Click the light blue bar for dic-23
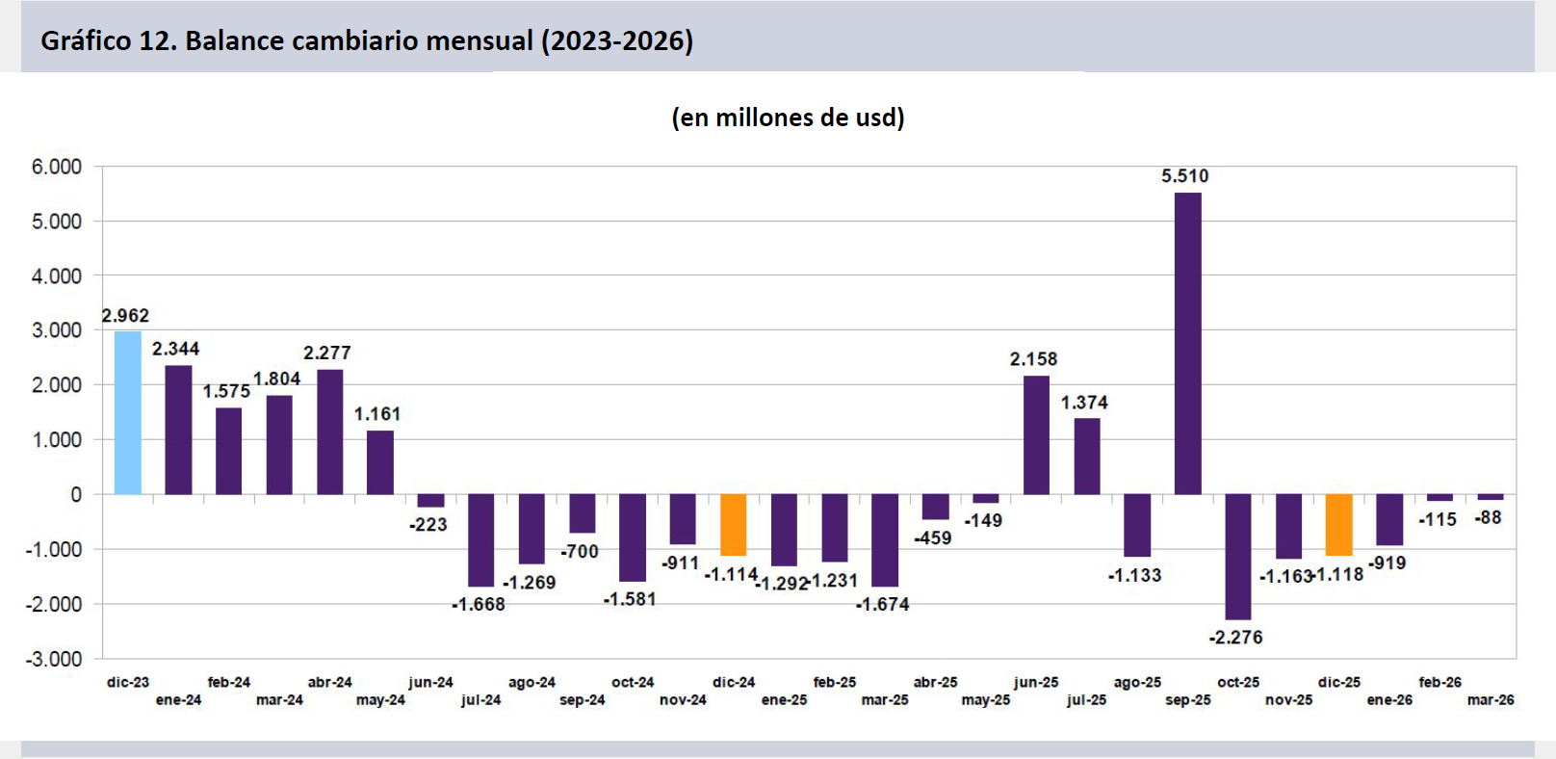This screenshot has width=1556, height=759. click(128, 413)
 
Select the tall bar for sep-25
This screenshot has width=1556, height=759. click(1188, 344)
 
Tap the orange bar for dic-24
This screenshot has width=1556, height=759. click(734, 525)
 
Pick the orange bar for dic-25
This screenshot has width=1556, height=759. click(1339, 525)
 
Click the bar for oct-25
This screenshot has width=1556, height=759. click(1238, 557)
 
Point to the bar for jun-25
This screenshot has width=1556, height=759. click(1036, 435)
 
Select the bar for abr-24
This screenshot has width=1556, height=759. click(330, 432)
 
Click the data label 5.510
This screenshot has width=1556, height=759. click(1184, 176)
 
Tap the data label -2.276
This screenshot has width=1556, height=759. click(1236, 638)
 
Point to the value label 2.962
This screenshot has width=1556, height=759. click(125, 316)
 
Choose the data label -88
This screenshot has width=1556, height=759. click(1489, 518)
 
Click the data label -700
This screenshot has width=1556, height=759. click(580, 552)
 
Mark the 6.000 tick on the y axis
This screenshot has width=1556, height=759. click(57, 167)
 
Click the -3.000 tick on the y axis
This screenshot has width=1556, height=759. click(54, 659)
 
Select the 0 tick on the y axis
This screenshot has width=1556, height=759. click(76, 495)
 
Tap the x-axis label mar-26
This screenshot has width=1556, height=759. click(1491, 700)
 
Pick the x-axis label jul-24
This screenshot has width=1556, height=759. click(481, 700)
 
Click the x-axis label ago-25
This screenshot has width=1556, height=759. click(1137, 683)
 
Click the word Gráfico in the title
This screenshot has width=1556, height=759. click(86, 41)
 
